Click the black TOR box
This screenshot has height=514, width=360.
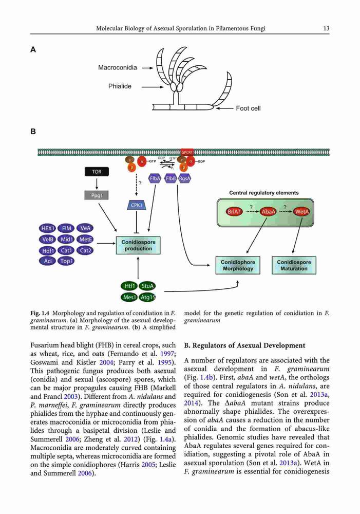(97, 172)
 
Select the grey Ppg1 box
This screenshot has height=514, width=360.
(97, 195)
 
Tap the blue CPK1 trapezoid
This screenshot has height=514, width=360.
(137, 205)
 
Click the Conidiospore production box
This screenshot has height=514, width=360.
(138, 245)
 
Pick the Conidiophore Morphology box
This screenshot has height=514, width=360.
(238, 265)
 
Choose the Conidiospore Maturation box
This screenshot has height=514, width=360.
(294, 265)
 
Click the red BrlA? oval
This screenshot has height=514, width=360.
(234, 211)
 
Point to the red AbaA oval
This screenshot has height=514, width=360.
(268, 211)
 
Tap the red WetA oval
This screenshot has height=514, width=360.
(301, 211)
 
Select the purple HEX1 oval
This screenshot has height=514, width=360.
(48, 228)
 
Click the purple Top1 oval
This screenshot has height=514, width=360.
(66, 261)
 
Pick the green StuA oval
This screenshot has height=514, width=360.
(147, 286)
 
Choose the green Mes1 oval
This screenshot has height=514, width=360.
(129, 297)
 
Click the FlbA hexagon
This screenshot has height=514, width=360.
(155, 178)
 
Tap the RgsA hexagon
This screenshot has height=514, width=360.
(184, 178)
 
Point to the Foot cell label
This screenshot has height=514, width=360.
(248, 108)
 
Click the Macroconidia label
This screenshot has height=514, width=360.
(118, 67)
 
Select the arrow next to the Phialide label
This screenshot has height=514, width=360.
(153, 87)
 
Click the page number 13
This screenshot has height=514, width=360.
(326, 28)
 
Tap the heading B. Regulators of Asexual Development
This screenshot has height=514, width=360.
(244, 345)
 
